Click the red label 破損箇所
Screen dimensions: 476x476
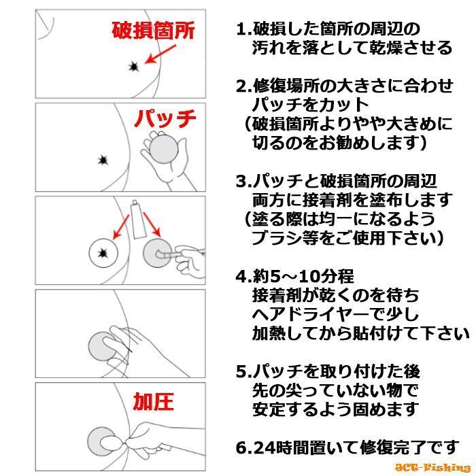(x=153, y=31)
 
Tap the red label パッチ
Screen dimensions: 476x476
(x=165, y=119)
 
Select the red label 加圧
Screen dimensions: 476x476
(x=153, y=401)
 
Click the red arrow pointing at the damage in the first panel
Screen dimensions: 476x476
(x=160, y=54)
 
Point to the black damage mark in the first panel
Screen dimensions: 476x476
(x=133, y=67)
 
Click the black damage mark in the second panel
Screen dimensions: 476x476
(x=103, y=160)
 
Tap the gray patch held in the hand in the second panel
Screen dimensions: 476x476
(x=164, y=150)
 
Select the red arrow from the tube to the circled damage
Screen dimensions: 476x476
(x=120, y=227)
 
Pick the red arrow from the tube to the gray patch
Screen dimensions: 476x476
(x=152, y=224)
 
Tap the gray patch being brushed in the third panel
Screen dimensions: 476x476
(x=156, y=253)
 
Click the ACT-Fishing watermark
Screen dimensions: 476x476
(x=432, y=468)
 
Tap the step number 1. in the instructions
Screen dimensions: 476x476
(x=243, y=29)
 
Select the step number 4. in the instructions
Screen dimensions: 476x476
(x=243, y=277)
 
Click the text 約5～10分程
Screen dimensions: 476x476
(x=303, y=277)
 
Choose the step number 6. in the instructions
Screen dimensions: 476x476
(x=243, y=448)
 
